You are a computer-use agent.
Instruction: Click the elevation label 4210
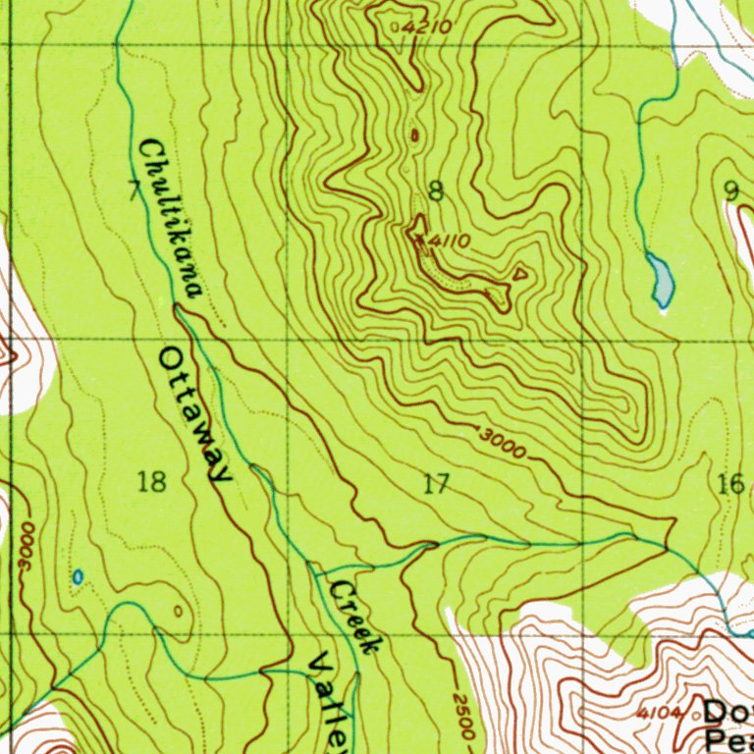click(427, 27)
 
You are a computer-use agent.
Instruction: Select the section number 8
click(436, 191)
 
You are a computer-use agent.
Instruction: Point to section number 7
click(134, 190)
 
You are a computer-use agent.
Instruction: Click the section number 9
click(729, 190)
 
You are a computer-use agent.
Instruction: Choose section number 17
click(436, 483)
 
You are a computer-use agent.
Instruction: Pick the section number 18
click(152, 482)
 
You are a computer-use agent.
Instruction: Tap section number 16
click(730, 483)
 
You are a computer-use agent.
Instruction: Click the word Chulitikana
click(170, 219)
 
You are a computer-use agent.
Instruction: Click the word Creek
click(353, 617)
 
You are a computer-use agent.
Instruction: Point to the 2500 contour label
click(464, 715)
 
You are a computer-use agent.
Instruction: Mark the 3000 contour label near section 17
click(504, 444)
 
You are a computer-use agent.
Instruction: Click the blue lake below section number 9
click(661, 279)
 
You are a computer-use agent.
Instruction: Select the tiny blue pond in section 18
click(78, 577)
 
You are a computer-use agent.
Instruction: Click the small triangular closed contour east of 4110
click(519, 274)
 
